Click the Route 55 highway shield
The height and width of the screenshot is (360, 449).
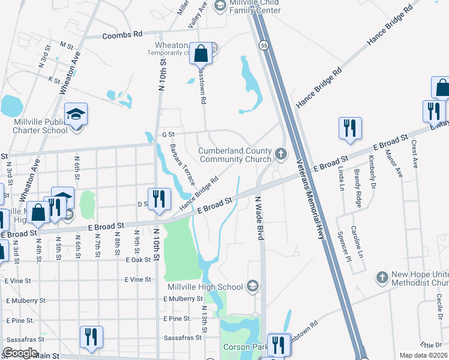point(264,46)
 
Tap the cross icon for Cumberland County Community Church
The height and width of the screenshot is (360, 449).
point(280,154)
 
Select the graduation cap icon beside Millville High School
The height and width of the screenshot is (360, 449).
point(253,286)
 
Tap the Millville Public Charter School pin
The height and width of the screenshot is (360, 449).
point(76,113)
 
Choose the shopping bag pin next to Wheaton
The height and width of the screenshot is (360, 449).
point(201,53)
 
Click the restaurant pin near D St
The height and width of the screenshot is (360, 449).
point(159,199)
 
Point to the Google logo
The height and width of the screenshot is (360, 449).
point(20,353)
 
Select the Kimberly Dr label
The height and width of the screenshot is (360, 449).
point(372,169)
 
